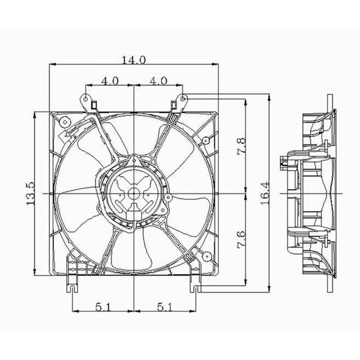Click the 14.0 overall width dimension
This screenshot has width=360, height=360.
click(x=134, y=60)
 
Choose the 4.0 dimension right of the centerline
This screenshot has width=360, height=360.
click(x=157, y=80)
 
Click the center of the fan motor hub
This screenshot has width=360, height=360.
click(x=134, y=193)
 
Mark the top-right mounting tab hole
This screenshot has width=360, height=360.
click(x=183, y=96)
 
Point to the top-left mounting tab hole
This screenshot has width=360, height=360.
click(x=85, y=96)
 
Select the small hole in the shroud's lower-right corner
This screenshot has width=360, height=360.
click(x=205, y=256)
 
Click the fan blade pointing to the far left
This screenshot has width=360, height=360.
click(x=77, y=198)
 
